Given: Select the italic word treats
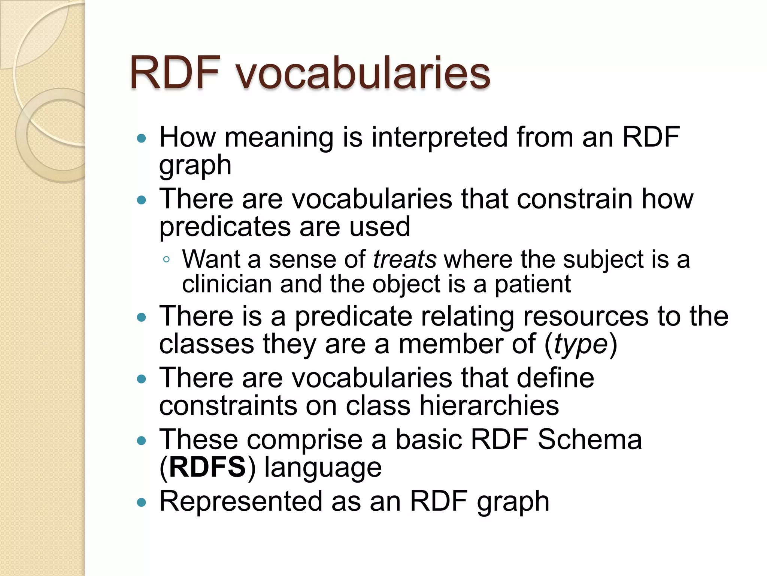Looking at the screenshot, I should point(404,259).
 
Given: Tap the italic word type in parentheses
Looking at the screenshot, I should point(580,344).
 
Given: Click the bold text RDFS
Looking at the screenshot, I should point(207,467).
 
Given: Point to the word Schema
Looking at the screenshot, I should point(589,439).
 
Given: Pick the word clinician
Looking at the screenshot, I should point(227,284).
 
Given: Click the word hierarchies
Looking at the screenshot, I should point(489,406).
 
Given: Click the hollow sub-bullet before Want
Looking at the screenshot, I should point(167,259).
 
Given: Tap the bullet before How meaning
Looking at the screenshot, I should point(141,139).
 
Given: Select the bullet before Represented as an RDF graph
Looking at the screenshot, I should point(141,502).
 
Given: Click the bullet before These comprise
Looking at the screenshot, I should point(141,441).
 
